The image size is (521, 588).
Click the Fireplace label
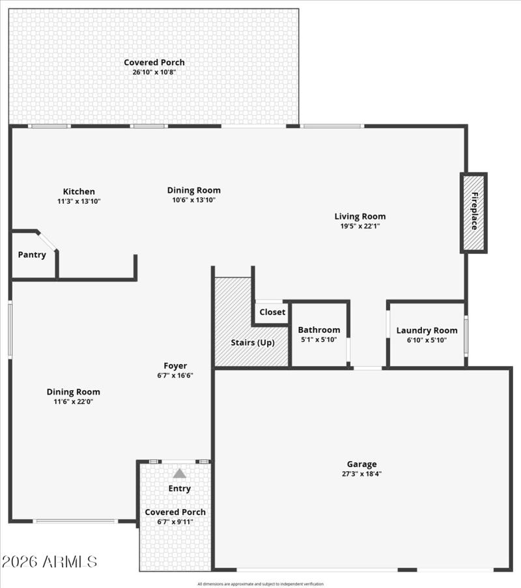(x=474, y=211)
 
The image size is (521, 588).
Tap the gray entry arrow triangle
(x=179, y=473)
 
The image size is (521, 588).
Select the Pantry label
(x=32, y=255)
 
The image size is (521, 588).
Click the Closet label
(x=272, y=312)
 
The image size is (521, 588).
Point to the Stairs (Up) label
(x=253, y=343)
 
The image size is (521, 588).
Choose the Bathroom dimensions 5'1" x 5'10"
(x=319, y=339)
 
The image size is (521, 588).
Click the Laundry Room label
(x=427, y=330)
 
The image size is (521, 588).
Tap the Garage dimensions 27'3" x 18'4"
(x=361, y=474)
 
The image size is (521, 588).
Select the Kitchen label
(x=79, y=191)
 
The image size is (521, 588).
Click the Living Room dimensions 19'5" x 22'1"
(x=360, y=226)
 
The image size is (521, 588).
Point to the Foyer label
(x=175, y=366)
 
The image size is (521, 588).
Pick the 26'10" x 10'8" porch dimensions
(x=154, y=72)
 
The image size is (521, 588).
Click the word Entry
(x=180, y=488)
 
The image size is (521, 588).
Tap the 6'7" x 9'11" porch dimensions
(x=175, y=522)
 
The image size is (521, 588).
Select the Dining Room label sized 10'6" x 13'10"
(x=194, y=190)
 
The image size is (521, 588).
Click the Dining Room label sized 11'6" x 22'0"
(x=74, y=392)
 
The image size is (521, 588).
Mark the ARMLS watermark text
(x=49, y=561)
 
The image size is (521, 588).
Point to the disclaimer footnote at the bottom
(x=260, y=584)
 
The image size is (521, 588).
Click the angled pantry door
(x=48, y=240)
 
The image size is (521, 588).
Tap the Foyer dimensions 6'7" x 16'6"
(x=175, y=376)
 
